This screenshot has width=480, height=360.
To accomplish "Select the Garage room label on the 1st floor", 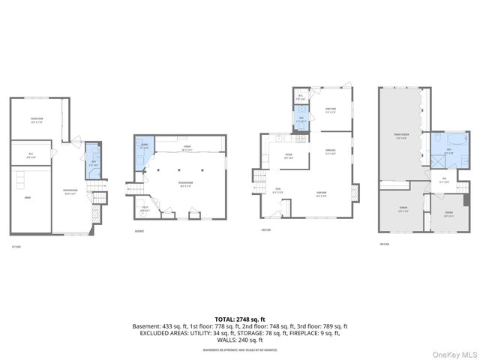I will point(27,198).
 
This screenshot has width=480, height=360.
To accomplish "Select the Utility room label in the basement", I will point(145,210).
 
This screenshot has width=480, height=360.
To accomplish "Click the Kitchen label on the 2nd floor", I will point(287,157).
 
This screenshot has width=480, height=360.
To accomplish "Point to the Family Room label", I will point(330,109).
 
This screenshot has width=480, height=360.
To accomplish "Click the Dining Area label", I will point(330,153).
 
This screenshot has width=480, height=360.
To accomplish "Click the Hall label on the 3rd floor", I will point(443,179).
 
